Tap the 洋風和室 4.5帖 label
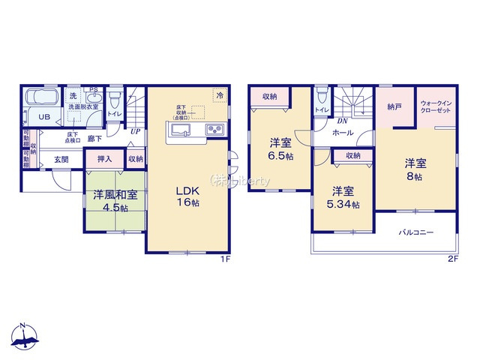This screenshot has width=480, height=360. (115, 201)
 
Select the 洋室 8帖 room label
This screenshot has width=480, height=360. (415, 169)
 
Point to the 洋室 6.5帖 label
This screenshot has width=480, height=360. (282, 148)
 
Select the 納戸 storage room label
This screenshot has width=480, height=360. (394, 106)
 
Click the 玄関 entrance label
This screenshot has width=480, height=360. (61, 159)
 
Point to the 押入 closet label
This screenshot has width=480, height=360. (105, 158)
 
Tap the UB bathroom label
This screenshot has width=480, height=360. (44, 117)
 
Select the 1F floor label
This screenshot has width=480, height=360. (223, 259)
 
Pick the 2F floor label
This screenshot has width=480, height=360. (452, 259)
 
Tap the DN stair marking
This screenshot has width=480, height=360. (341, 120)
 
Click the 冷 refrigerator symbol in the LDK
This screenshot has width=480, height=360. (220, 95)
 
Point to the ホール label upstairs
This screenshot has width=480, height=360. (343, 132)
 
